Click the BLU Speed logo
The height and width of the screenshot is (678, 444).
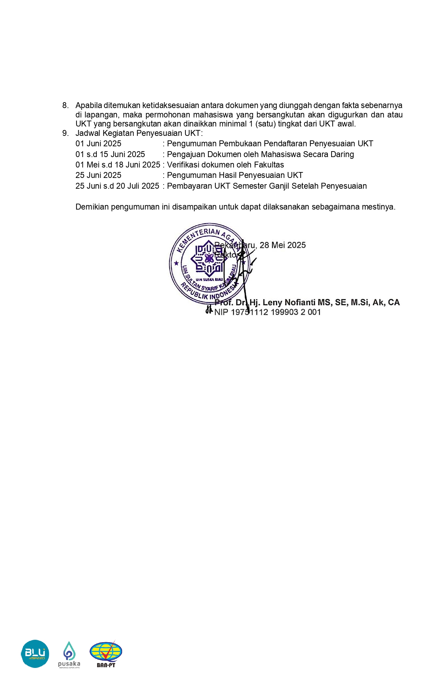[x=35, y=654]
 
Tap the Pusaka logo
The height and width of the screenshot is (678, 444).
[x=69, y=654]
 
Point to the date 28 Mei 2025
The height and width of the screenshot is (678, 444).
[x=283, y=245]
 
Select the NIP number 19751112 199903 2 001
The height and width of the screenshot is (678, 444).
[x=276, y=312]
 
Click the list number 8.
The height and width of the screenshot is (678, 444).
[x=65, y=105]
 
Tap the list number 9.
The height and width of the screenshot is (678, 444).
[x=65, y=133]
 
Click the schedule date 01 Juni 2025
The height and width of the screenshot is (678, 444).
[x=98, y=144]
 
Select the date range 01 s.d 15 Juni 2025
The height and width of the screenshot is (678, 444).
[x=110, y=154]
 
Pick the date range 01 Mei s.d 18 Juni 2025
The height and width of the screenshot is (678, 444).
[x=118, y=165]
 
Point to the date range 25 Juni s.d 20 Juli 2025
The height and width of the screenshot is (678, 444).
[x=117, y=186]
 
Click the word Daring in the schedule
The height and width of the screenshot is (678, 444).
[x=342, y=154]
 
